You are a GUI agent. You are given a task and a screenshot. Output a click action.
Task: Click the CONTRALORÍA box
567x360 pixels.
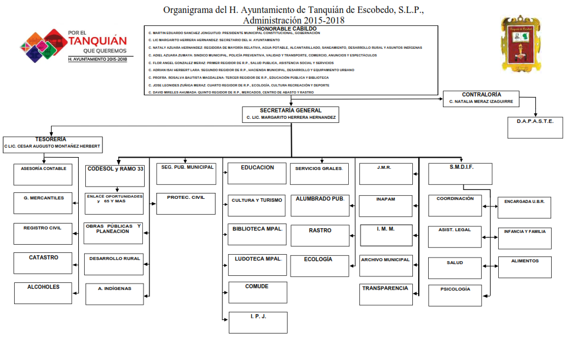(x=481, y=98)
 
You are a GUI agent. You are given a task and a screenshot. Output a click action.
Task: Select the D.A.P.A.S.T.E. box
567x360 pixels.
(x=535, y=127)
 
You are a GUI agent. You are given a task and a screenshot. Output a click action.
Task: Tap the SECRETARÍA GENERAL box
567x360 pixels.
(x=291, y=114)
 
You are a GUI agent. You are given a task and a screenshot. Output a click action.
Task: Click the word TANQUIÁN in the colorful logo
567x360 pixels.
(x=98, y=41)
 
